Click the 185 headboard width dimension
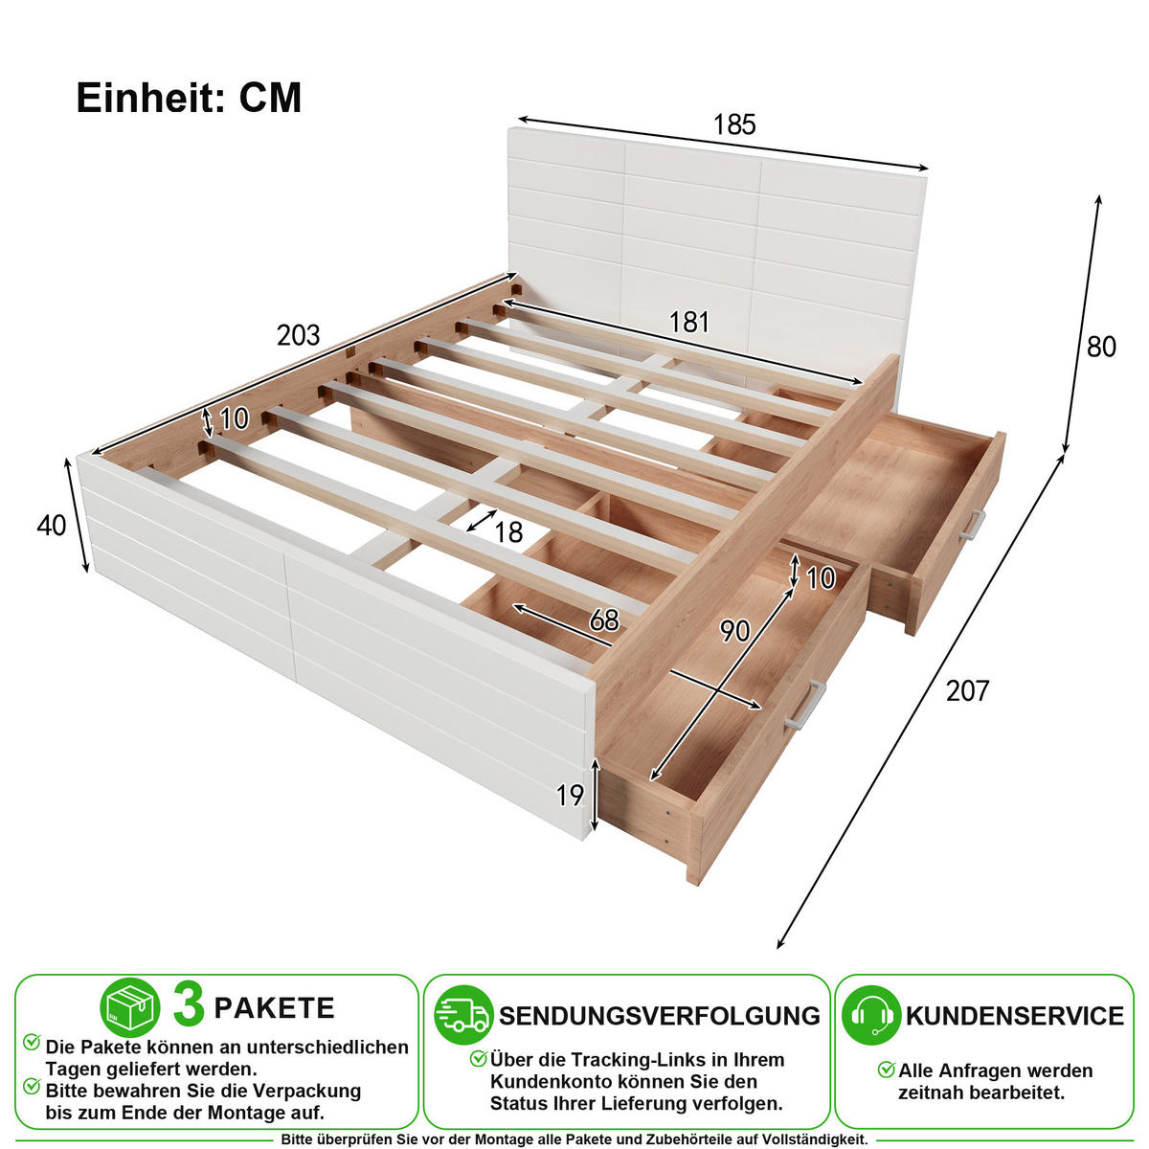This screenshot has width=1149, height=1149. click(x=734, y=124)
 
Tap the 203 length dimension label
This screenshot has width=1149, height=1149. click(x=298, y=335)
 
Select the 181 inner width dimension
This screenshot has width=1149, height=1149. click(x=688, y=322)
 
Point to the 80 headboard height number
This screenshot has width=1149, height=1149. click(x=1101, y=347)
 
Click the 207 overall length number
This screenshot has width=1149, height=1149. click(x=967, y=691)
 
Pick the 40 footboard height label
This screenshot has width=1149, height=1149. click(x=52, y=526)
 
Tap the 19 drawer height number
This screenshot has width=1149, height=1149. click(x=570, y=796)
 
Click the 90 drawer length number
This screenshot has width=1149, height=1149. click(x=734, y=631)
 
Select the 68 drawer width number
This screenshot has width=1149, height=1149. click(x=604, y=620)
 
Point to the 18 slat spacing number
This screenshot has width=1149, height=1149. click(x=508, y=532)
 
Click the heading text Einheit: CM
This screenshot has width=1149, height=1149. click(x=189, y=98)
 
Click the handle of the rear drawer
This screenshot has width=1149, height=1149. click(x=971, y=527)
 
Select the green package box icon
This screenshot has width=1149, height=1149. click(x=130, y=1007)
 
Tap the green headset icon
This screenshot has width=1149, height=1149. click(x=871, y=1015)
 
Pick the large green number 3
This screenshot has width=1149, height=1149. click(x=189, y=1006)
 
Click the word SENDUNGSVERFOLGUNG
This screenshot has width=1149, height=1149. click(x=660, y=1016)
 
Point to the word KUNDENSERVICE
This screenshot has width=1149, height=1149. click(x=1014, y=1016)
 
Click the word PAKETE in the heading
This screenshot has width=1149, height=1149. click(x=274, y=1008)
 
